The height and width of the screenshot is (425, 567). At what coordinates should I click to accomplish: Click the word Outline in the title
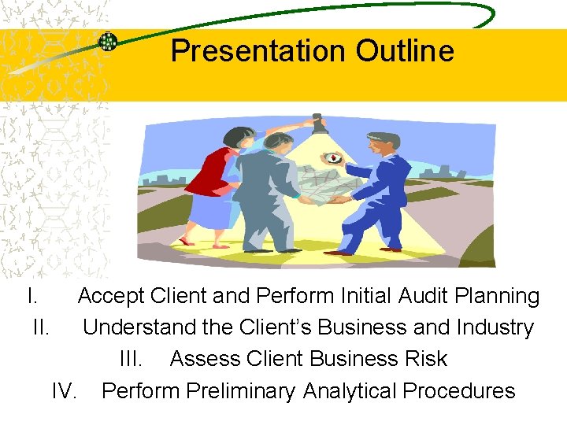405,51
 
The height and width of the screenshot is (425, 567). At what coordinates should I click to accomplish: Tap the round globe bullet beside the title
108,42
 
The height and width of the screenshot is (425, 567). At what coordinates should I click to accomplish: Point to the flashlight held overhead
318,124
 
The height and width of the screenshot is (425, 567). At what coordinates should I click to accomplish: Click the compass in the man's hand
334,157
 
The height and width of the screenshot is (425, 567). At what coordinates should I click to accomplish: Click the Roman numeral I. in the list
31,297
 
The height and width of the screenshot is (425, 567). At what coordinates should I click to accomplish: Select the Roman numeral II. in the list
43,327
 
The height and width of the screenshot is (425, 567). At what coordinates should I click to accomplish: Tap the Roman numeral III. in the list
131,359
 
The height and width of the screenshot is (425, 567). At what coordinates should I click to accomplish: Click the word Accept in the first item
111,297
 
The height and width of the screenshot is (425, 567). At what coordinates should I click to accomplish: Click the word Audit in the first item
425,297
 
